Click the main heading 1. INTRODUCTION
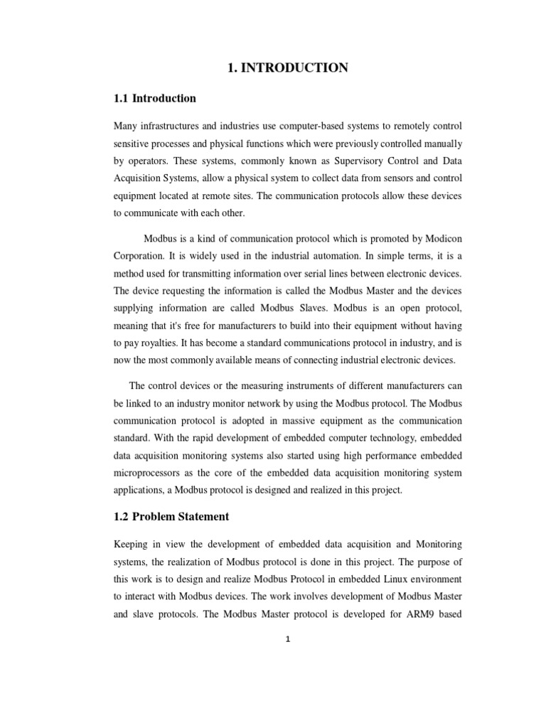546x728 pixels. (287, 68)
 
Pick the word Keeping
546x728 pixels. (134, 544)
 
